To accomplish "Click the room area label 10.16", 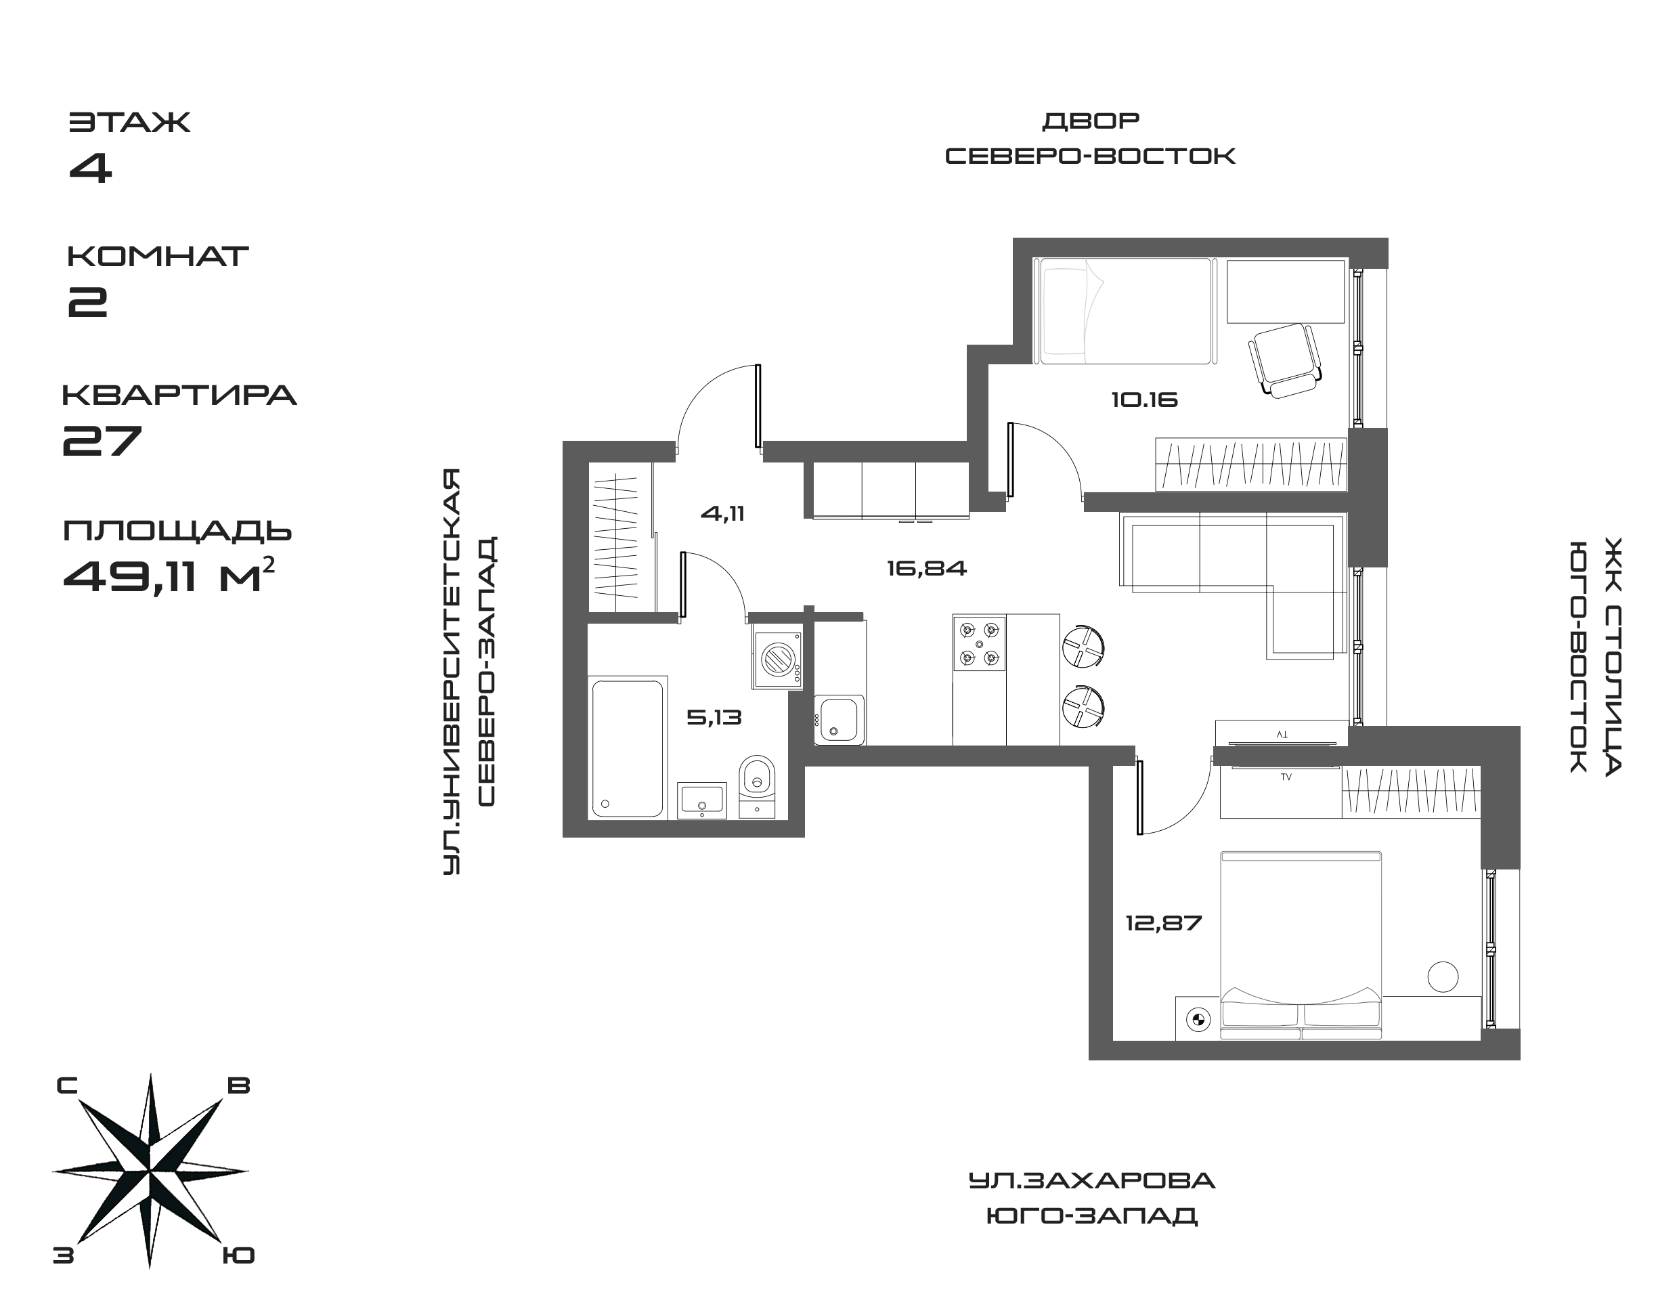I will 1144,400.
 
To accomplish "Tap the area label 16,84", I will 926,569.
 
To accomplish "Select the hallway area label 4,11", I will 722,513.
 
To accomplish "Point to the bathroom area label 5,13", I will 714,718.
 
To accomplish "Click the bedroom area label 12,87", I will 1163,922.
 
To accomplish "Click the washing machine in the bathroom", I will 777,660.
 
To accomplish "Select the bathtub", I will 627,748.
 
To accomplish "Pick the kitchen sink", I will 840,719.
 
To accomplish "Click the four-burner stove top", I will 979,643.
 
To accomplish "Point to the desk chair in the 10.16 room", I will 1284,359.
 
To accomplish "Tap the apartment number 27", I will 102,439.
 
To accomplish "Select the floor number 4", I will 91,168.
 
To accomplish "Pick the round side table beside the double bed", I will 1442,976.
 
